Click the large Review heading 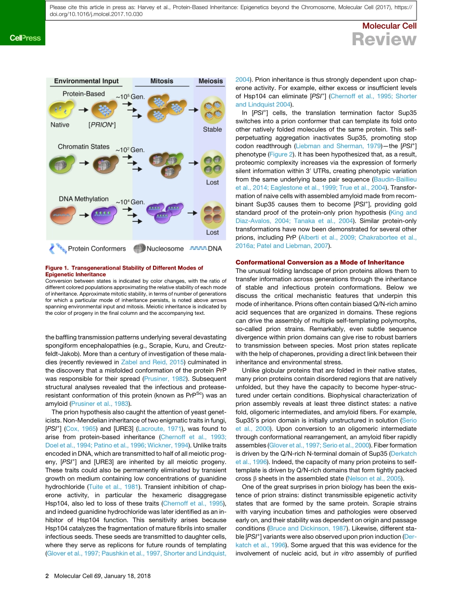coord(384,39)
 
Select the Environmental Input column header coord(86,81)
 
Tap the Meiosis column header coord(211,81)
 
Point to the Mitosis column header coord(162,81)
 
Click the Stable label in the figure coord(212,129)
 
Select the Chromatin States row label coord(83,147)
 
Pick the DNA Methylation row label coord(84,199)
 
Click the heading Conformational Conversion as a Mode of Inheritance coord(320,262)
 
